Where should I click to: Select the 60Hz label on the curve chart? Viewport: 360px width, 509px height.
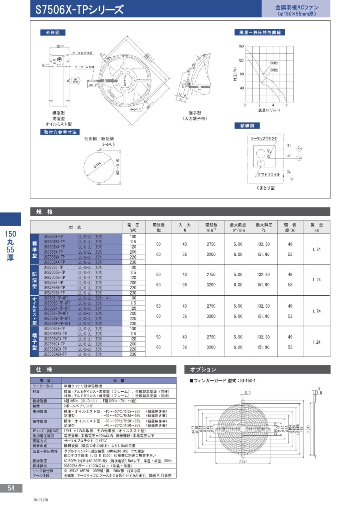pos(274,63)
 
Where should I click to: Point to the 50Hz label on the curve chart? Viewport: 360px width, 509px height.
pos(274,70)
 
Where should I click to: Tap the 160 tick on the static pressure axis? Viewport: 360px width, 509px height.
pos(240,46)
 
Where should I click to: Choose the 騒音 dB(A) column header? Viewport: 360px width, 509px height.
pos(290,227)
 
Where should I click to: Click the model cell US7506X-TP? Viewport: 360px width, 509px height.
pos(53,236)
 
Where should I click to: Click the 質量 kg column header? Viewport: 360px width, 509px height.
pos(317,227)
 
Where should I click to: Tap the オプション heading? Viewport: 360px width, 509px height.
pos(203,369)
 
